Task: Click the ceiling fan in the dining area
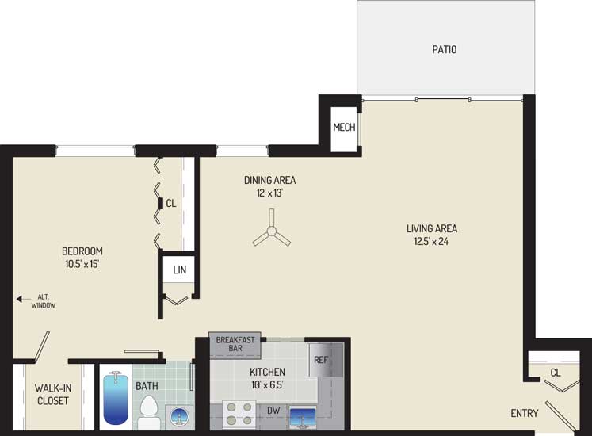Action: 272,231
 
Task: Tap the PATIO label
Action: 445,49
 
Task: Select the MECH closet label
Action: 344,128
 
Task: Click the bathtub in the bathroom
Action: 116,398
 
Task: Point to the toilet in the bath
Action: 149,411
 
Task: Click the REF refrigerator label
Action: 320,360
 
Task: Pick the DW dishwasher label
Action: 273,411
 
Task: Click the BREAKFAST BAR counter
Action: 235,345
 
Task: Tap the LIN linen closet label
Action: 180,270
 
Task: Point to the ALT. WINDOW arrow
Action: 24,299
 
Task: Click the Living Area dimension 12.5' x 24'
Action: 432,241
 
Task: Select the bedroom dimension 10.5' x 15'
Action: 82,264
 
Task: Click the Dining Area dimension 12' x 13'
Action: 269,193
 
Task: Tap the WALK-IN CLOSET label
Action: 53,395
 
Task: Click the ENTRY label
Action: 525,413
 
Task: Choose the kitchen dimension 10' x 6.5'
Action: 267,385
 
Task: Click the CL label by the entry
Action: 556,373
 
